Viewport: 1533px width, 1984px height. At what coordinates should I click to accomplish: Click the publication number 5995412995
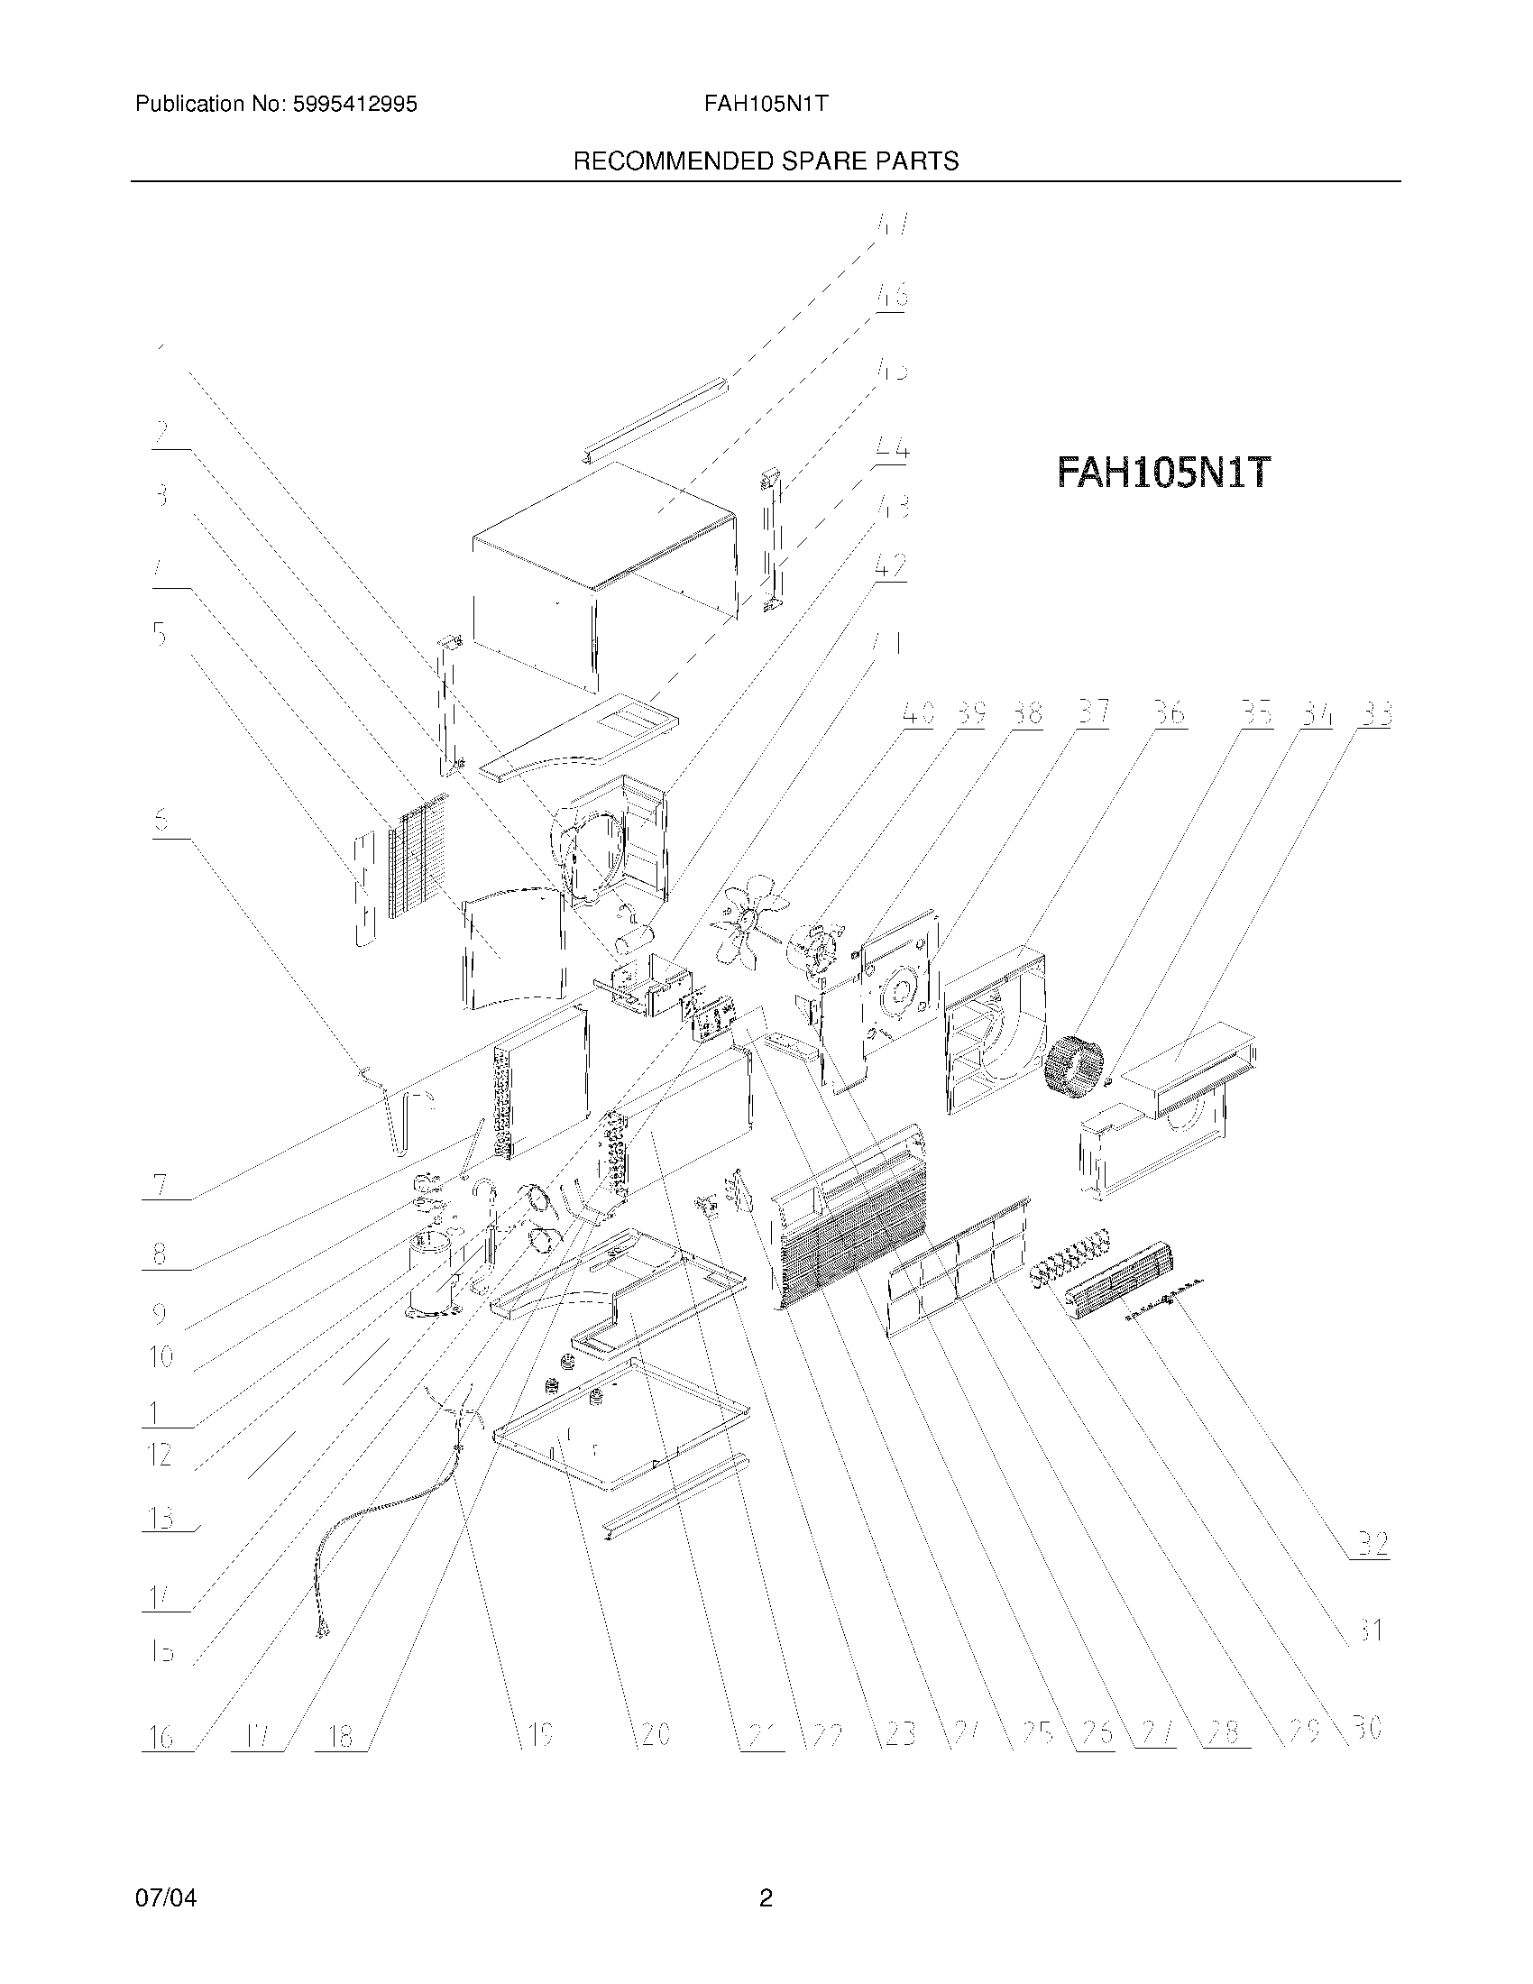353,105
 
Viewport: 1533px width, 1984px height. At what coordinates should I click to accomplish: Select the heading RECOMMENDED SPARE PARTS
765,161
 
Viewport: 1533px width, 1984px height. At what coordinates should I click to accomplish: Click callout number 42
890,566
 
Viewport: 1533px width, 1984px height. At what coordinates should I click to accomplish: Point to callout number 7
160,1185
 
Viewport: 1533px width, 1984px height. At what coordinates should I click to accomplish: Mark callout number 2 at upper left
162,431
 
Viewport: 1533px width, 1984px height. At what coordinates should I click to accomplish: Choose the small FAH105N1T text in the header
765,105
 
